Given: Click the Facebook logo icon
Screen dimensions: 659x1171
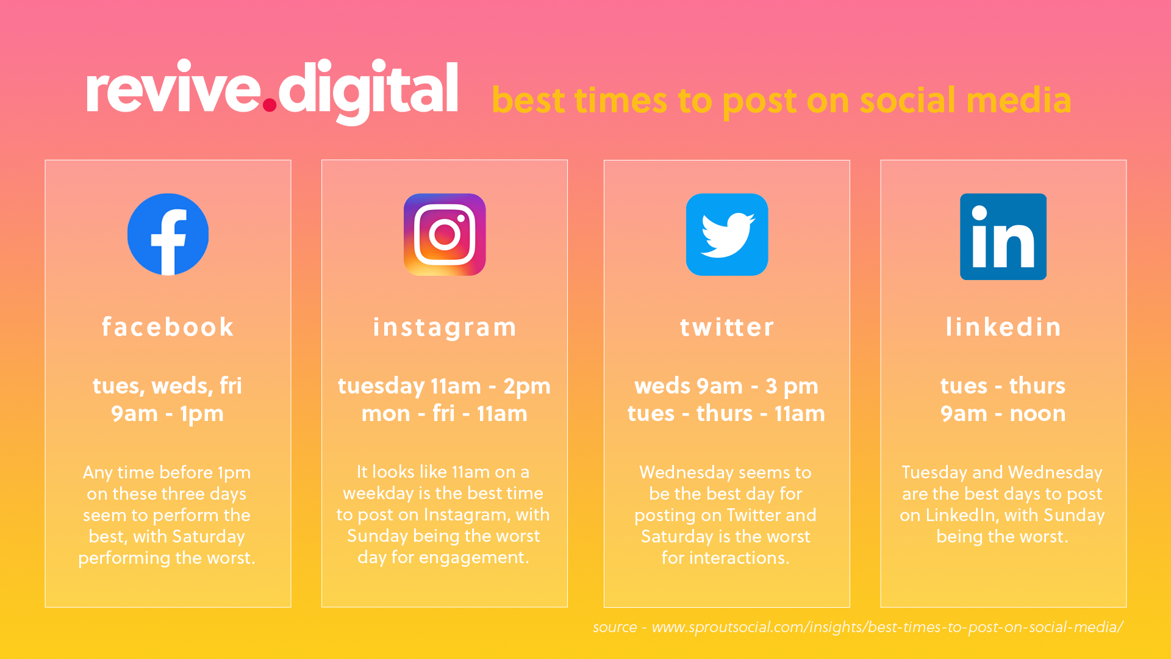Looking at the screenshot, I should pos(168,234).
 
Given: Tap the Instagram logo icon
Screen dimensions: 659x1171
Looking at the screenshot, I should pos(445,234).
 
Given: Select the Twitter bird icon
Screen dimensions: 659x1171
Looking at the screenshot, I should pos(727,234).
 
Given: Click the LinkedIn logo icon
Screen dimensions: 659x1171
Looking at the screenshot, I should pos(1003,237).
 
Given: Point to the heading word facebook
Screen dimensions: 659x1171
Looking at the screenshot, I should pos(168,327).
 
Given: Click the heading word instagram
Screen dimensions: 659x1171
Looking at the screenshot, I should pos(445,328).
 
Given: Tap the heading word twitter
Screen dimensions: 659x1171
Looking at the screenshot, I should pos(727,328).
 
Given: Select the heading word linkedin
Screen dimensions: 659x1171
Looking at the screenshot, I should pos(1003,327).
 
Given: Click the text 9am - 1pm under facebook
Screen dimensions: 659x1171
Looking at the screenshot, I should pos(167,414).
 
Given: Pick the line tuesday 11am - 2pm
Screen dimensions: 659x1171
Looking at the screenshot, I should pos(444,386).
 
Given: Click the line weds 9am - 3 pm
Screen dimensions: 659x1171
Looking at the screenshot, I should pos(726,386).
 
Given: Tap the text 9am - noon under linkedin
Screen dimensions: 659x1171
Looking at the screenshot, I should pos(1003,414).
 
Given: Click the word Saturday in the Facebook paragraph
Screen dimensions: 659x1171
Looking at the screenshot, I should pos(209,536).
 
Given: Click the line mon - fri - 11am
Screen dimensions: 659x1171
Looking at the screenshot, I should pos(444,414).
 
